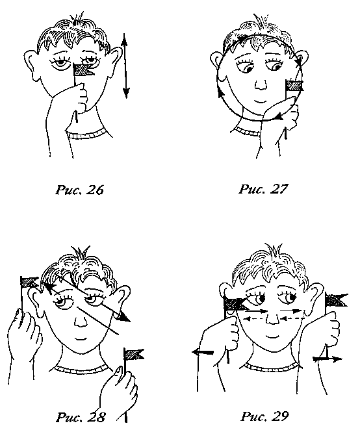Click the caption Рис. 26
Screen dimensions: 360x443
(x=80, y=190)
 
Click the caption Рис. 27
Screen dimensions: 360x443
(x=263, y=189)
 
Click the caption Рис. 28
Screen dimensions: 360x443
(x=81, y=417)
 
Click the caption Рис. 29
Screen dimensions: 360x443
(x=264, y=416)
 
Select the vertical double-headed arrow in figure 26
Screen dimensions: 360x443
(x=125, y=66)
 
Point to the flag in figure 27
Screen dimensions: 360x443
(x=294, y=85)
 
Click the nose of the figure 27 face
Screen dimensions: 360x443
(x=260, y=84)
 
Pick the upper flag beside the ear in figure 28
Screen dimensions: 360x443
(x=29, y=282)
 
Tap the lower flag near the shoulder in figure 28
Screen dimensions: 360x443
(x=133, y=354)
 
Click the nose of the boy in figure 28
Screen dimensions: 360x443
(x=81, y=319)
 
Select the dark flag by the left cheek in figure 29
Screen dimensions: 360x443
(x=234, y=304)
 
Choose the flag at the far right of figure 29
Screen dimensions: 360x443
(x=336, y=300)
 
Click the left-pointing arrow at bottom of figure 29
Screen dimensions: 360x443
(x=203, y=352)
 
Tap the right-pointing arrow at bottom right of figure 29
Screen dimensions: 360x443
(x=328, y=359)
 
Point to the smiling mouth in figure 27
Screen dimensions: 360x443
(x=260, y=101)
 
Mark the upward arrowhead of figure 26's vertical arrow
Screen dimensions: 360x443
(x=125, y=39)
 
